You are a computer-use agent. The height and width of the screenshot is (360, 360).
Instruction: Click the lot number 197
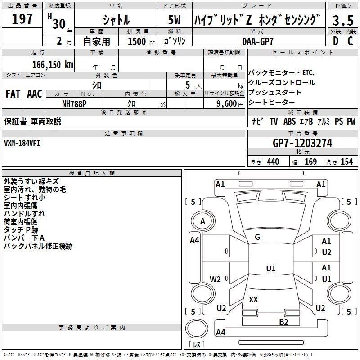point(22,19)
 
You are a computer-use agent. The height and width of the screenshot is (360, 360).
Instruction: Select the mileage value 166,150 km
point(52,64)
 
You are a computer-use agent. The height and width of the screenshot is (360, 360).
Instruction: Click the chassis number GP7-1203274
point(303,143)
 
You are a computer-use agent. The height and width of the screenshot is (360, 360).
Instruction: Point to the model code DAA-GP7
point(258,41)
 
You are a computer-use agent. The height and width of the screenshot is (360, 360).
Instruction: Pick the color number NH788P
point(75,103)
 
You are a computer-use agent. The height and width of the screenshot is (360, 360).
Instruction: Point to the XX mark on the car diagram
point(253,299)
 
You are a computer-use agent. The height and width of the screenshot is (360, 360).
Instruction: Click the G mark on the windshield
point(257,237)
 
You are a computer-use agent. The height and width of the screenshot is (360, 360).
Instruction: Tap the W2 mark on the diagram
point(216,279)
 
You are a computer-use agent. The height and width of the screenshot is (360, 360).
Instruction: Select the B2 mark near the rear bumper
point(283,322)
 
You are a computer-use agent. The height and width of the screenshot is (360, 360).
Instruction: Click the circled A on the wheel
point(202,221)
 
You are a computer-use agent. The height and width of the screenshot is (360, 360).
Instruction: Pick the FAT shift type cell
point(13,94)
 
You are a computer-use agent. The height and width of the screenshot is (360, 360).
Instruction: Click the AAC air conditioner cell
point(35,94)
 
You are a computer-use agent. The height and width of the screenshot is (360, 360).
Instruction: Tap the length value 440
point(273,162)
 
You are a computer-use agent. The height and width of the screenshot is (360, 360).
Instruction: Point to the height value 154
point(346,162)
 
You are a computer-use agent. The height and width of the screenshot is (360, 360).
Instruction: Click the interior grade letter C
point(350,41)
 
